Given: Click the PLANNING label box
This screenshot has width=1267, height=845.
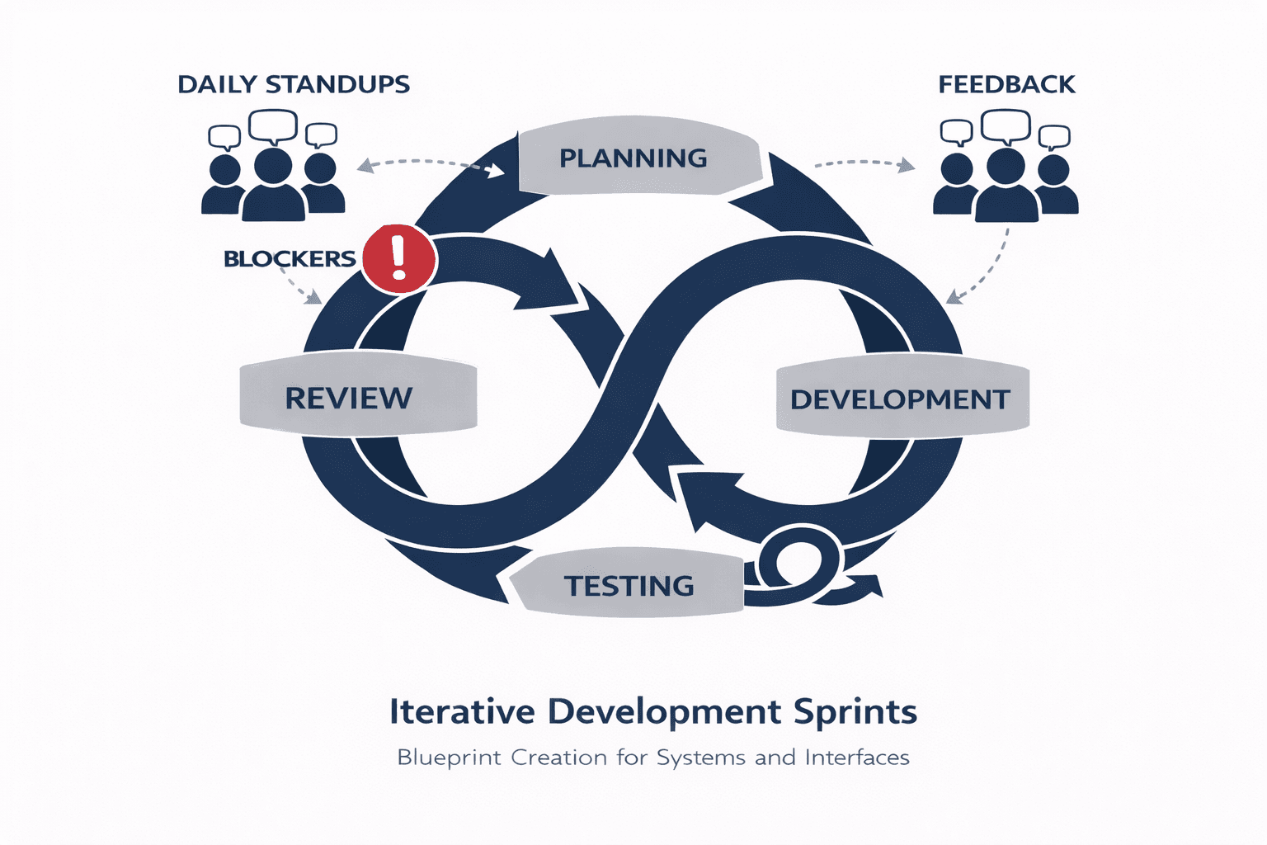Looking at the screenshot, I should [x=633, y=158].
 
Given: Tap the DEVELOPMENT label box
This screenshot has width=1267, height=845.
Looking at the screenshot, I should [x=901, y=399].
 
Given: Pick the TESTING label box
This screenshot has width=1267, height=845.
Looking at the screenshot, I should [x=629, y=585].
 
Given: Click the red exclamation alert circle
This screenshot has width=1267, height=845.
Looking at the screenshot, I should [x=399, y=258].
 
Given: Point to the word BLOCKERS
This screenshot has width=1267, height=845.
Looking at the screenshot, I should [x=290, y=259].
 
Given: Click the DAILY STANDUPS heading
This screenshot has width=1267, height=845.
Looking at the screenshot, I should [x=294, y=84].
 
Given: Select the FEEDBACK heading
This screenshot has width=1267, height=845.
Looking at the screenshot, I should [x=1006, y=84].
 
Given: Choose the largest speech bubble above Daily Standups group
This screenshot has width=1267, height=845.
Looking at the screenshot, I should [x=273, y=125].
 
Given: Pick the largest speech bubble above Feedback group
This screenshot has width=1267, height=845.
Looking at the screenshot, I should [x=1006, y=125].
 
